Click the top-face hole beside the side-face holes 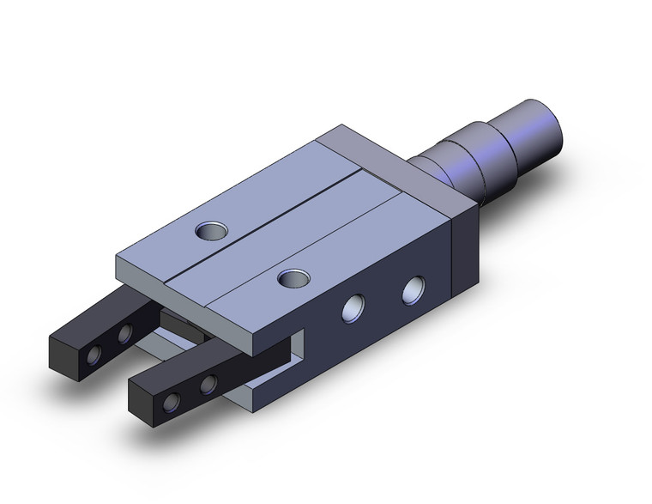pyautogui.click(x=293, y=277)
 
